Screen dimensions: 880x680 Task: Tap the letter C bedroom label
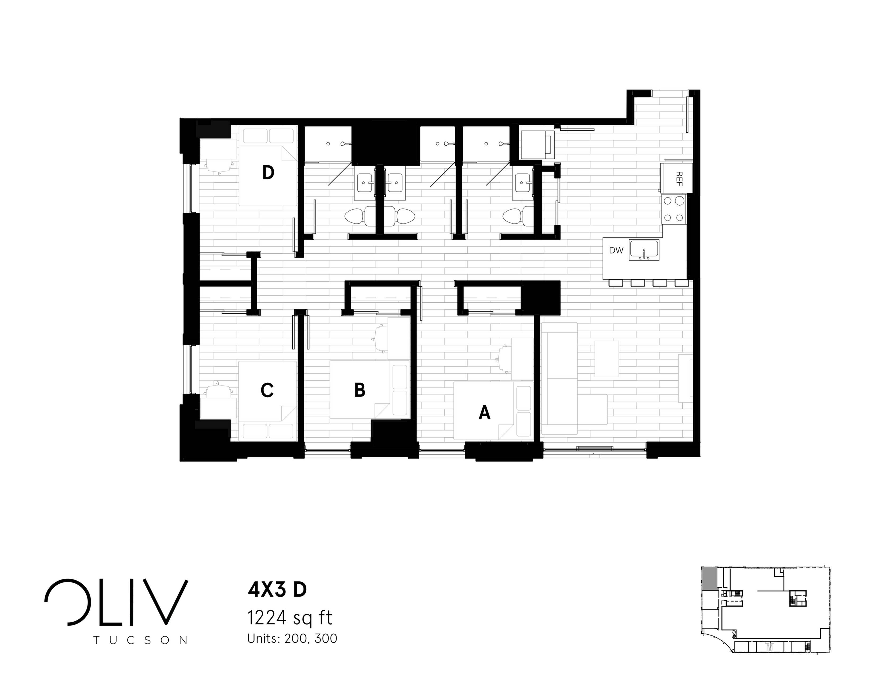coord(267,390)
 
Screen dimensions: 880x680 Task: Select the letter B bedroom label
coord(359,390)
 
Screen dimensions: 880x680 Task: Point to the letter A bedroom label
coord(484,413)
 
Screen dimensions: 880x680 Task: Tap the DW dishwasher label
coord(616,250)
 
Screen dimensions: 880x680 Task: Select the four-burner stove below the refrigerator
coord(674,209)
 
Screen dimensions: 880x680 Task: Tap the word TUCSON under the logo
coord(141,640)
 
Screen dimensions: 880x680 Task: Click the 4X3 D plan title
coord(277,590)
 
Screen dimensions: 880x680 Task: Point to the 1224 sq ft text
coord(290,618)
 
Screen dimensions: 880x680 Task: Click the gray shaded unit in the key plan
coord(709,579)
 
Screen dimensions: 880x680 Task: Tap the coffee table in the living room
coord(607,359)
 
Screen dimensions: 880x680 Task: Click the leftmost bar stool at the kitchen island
coord(616,283)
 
